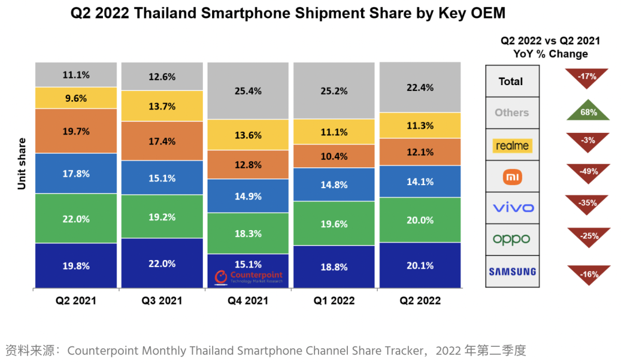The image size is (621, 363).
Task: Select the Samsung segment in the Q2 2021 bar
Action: [x=76, y=265]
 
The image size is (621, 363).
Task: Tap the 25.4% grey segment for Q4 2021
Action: [x=248, y=91]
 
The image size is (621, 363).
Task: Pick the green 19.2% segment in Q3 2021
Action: [x=162, y=218]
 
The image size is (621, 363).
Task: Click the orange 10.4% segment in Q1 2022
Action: [x=334, y=156]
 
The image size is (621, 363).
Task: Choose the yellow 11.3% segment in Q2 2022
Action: [x=420, y=125]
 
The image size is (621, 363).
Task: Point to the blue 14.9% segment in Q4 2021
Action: [x=248, y=196]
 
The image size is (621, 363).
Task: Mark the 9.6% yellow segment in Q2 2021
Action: [x=76, y=98]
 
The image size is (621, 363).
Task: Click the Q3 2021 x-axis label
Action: [x=162, y=300]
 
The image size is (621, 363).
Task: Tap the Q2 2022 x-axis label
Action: [x=420, y=300]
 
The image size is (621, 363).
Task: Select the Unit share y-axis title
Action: [x=22, y=163]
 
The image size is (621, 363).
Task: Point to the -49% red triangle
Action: [x=588, y=172]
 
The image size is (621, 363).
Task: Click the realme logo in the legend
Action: [x=512, y=145]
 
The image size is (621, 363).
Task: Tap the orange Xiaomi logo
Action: [x=512, y=176]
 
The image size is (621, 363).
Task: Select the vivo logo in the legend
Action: [x=512, y=208]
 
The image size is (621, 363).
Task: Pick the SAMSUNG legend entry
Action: [x=512, y=272]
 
